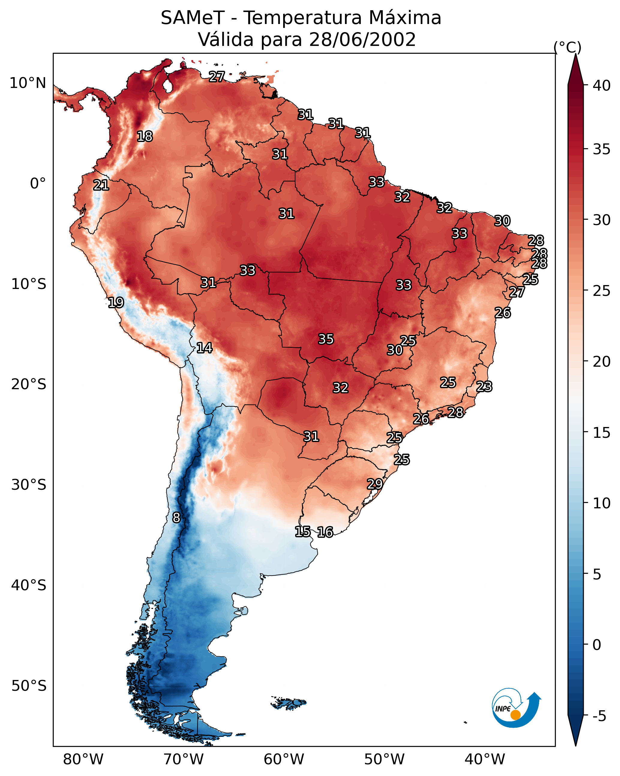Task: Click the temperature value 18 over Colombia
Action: (x=145, y=137)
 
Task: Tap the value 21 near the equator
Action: (x=101, y=185)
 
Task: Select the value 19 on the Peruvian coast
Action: (x=116, y=302)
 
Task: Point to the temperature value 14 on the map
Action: (x=204, y=348)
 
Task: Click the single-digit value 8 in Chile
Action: (x=176, y=518)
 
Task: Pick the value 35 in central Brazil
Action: (x=326, y=339)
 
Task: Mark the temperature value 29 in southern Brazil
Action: (x=375, y=484)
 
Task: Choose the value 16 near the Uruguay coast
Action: (x=325, y=532)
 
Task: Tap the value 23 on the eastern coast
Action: (x=484, y=386)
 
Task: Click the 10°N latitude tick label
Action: (x=28, y=83)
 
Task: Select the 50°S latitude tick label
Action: (x=29, y=686)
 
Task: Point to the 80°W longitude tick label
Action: (x=83, y=759)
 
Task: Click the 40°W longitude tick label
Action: (x=485, y=759)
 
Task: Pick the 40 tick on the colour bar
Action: (x=602, y=86)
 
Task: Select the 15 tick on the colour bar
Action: (x=602, y=433)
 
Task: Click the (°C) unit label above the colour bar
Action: (x=567, y=47)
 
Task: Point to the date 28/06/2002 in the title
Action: (x=362, y=40)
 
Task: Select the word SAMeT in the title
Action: (x=193, y=18)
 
